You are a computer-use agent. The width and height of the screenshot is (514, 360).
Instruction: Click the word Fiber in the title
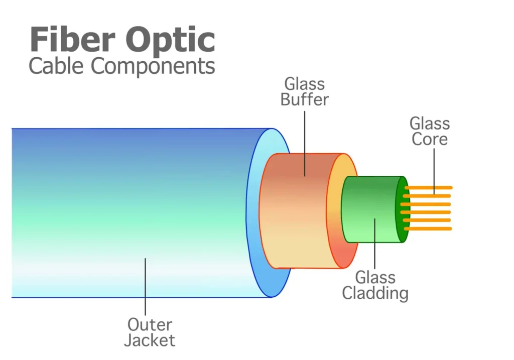click(x=71, y=40)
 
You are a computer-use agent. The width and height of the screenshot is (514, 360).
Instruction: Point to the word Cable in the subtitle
click(x=56, y=66)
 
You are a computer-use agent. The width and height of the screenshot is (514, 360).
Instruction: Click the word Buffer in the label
click(x=304, y=99)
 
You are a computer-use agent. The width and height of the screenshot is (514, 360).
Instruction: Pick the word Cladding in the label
click(x=375, y=293)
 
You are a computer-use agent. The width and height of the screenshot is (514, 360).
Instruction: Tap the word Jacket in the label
click(x=150, y=340)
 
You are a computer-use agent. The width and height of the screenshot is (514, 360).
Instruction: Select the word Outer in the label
click(x=150, y=324)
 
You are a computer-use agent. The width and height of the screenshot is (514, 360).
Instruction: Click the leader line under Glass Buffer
click(x=305, y=141)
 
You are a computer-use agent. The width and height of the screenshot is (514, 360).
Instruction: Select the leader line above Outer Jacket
click(x=146, y=286)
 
